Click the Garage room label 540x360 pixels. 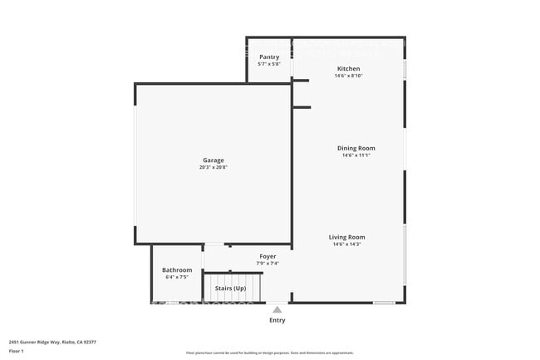[214, 160]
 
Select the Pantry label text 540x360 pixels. [269, 57]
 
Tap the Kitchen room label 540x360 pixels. [348, 68]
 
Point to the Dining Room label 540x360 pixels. [356, 148]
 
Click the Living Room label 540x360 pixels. [348, 237]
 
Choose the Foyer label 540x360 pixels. [268, 257]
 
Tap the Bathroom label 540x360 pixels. [177, 270]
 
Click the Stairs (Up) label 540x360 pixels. [230, 288]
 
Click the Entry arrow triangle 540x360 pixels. [277, 309]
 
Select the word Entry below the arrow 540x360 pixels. [277, 320]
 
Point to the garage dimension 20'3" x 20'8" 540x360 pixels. [214, 167]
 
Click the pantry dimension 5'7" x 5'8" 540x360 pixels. [269, 63]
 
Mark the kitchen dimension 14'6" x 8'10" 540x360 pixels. [348, 75]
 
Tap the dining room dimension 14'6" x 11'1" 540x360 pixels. [356, 155]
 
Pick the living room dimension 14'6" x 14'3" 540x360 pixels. [348, 244]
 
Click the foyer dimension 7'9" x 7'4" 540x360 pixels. [268, 264]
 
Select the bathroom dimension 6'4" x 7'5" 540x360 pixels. [177, 277]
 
